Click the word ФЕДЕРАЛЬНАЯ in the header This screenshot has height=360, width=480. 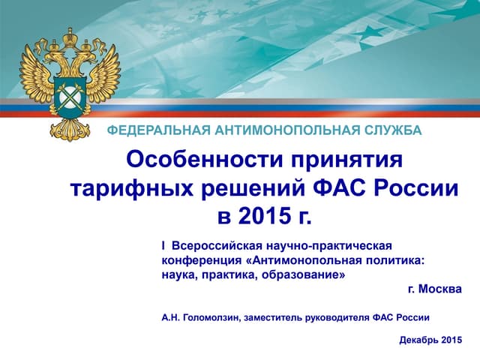pyautogui.click(x=159, y=130)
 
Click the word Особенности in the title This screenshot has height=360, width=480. pyautogui.click(x=204, y=160)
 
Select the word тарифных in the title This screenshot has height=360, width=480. pyautogui.click(x=132, y=188)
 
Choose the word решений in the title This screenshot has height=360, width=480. pyautogui.click(x=253, y=188)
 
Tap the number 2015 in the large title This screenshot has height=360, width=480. pyautogui.click(x=265, y=215)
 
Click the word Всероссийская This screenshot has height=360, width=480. pyautogui.click(x=217, y=246)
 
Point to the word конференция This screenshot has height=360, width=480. pyautogui.click(x=202, y=261)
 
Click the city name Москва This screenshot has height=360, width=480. pyautogui.click(x=440, y=289)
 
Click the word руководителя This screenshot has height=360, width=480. pyautogui.click(x=337, y=318)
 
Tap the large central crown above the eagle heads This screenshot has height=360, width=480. pyautogui.click(x=70, y=37)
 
